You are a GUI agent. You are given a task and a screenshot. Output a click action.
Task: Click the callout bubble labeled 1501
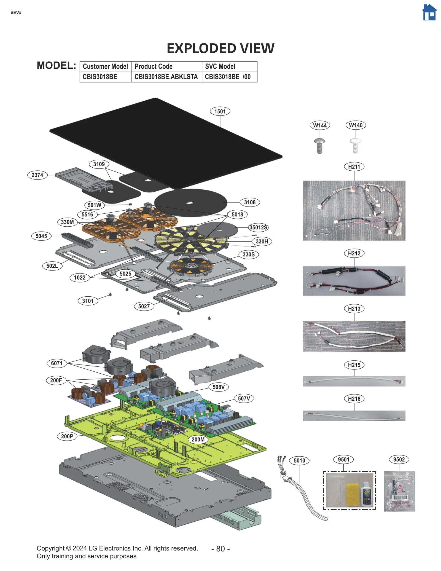coord(220,111)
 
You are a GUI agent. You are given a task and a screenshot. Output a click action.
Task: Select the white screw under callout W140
coord(355,145)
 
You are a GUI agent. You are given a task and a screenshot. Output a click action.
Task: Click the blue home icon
coord(429,13)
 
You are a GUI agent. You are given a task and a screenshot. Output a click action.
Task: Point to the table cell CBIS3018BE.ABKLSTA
coord(166,77)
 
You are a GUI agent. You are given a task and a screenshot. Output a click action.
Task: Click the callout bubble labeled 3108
coord(249,202)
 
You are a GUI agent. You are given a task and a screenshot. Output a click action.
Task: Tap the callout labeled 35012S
coord(258,227)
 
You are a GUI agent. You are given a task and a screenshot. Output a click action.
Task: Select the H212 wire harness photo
coord(354,281)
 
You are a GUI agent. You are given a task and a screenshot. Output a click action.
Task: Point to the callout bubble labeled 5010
coord(299,460)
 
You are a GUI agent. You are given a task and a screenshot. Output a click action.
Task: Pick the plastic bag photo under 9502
coord(399,491)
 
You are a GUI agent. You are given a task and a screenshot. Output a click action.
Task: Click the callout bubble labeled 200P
coord(67,436)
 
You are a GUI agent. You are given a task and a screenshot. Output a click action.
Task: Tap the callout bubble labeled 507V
coord(244,398)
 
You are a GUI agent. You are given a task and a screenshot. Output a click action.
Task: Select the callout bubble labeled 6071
coord(57,363)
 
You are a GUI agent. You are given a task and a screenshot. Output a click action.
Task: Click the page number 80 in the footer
coord(220,549)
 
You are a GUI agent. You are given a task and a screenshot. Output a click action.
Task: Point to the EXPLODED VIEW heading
coord(220,49)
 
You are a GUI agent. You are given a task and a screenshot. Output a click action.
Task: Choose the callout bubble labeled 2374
coord(37,175)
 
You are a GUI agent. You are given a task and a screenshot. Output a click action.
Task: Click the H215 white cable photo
coord(354,381)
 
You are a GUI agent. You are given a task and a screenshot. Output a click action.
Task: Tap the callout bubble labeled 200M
coord(198,439)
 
